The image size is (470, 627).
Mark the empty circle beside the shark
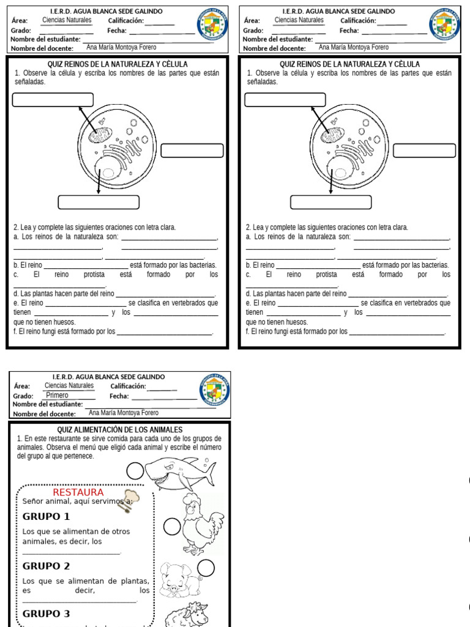pyautogui.click(x=135, y=470)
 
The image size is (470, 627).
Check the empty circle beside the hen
pyautogui.click(x=172, y=526)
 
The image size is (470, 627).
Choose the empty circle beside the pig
pyautogui.click(x=206, y=569)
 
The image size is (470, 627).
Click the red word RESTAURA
pyautogui.click(x=78, y=492)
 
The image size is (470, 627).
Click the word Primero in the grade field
pyautogui.click(x=58, y=396)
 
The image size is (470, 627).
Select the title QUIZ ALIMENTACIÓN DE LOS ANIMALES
pyautogui.click(x=120, y=430)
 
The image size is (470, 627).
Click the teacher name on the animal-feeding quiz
pyautogui.click(x=124, y=413)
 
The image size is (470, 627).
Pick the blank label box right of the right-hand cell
pyautogui.click(x=424, y=151)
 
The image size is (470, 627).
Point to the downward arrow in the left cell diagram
pyautogui.click(x=98, y=181)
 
